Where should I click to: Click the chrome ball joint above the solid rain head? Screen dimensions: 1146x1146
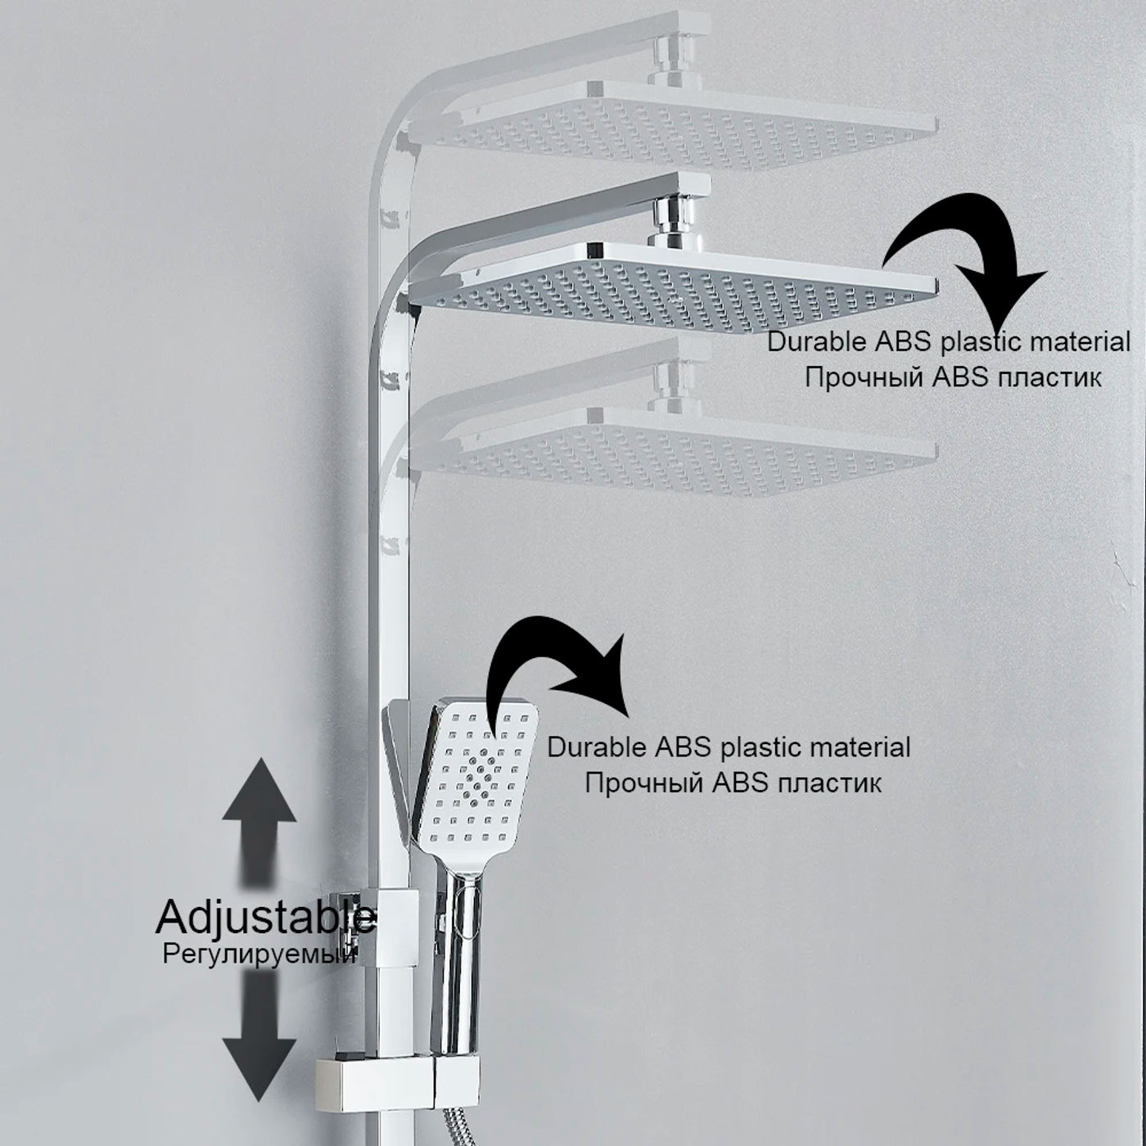[x=674, y=219]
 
